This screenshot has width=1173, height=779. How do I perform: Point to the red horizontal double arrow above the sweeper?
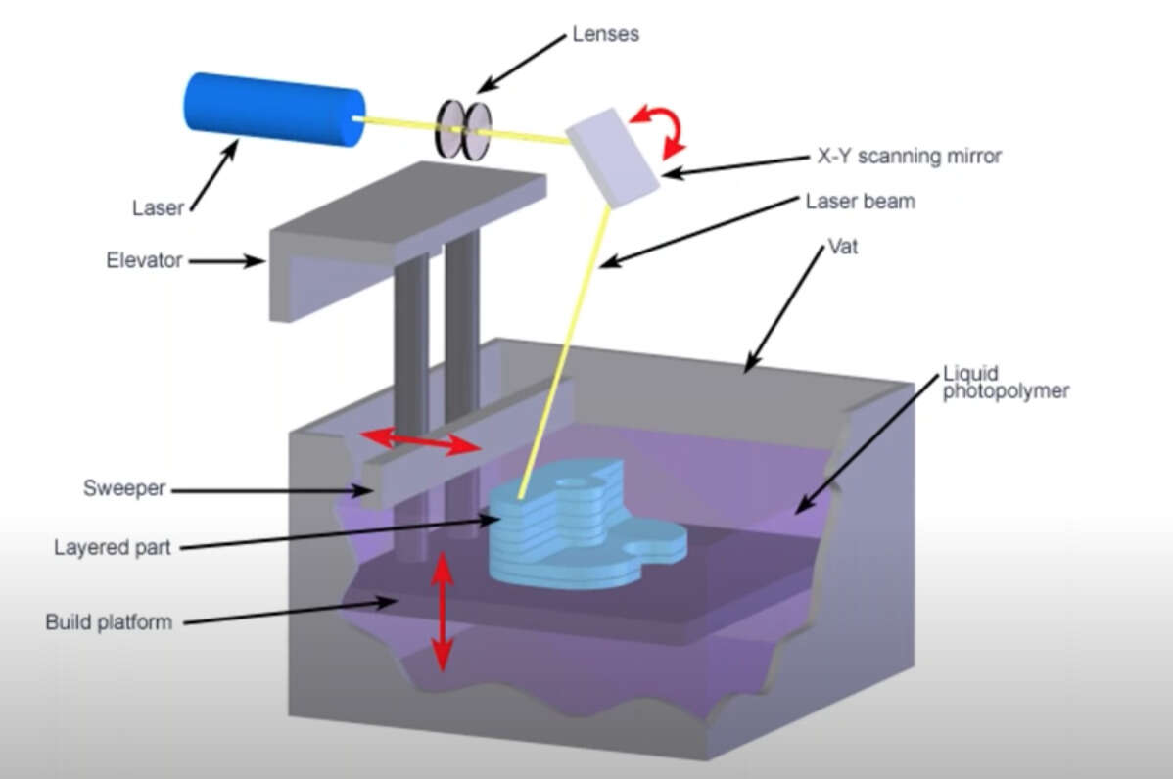click(420, 441)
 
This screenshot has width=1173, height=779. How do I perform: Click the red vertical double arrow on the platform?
click(443, 611)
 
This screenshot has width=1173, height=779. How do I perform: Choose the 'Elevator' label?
click(144, 261)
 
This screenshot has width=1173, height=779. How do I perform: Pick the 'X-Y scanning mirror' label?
click(909, 155)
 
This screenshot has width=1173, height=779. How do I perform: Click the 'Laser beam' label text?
click(860, 202)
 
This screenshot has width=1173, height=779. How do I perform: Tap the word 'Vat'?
click(843, 247)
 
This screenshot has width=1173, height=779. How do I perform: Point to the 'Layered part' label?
click(113, 546)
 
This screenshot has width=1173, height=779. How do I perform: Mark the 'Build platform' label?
click(109, 621)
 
